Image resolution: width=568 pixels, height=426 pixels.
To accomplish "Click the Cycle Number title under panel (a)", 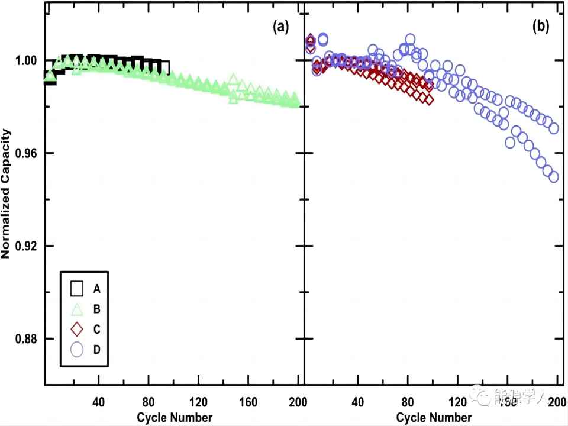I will [x=175, y=417].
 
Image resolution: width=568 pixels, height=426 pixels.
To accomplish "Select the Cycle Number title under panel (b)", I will [x=434, y=417].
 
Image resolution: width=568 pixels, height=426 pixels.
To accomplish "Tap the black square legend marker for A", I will [x=77, y=288].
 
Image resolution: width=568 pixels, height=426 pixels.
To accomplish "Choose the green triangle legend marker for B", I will [x=77, y=308].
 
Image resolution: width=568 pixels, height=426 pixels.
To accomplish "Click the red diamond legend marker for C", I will [x=77, y=329].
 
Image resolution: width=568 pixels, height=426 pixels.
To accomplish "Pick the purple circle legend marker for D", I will [x=77, y=350].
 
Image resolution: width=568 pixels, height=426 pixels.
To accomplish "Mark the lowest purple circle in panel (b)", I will [x=554, y=176].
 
